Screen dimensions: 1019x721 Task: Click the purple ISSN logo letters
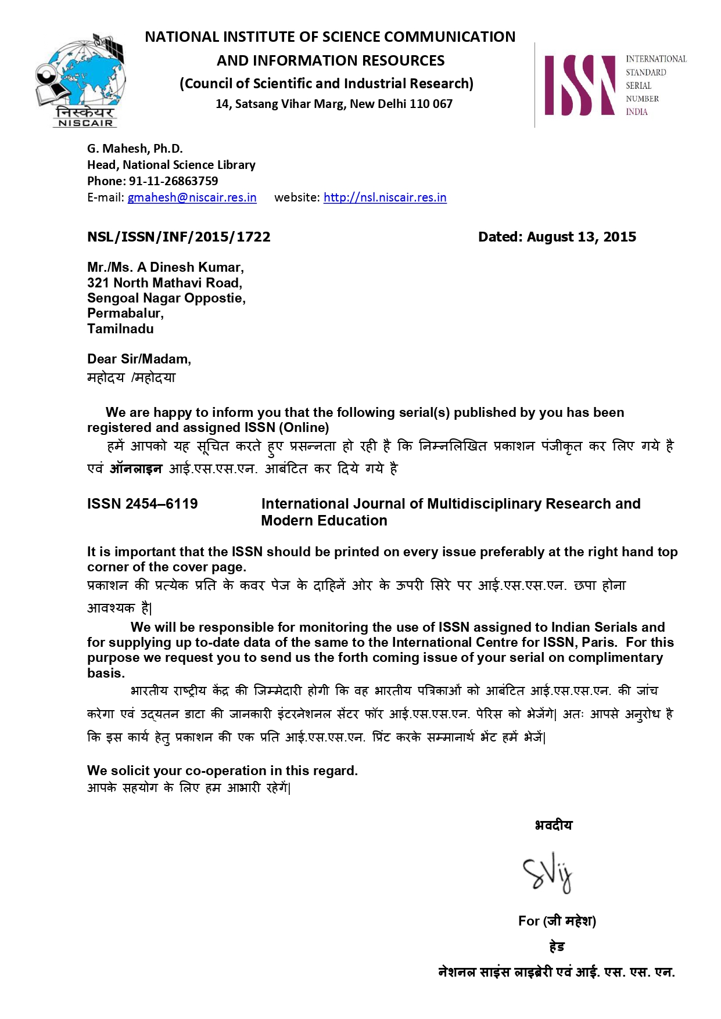click(579, 85)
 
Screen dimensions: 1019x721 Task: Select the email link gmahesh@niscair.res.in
click(192, 197)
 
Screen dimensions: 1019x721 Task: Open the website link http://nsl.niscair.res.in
click(385, 197)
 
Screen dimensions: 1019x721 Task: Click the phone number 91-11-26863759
click(173, 181)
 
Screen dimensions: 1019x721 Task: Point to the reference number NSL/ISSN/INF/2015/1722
click(178, 237)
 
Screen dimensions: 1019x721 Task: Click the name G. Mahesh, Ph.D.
click(135, 149)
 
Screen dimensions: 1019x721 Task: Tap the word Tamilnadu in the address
click(120, 329)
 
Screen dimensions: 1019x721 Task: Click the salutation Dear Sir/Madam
click(138, 359)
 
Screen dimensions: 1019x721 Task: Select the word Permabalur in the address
click(124, 314)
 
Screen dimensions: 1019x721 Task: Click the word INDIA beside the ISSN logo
click(636, 112)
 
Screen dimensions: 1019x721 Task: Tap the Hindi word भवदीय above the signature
click(553, 825)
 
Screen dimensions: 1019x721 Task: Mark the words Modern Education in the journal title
click(324, 521)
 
